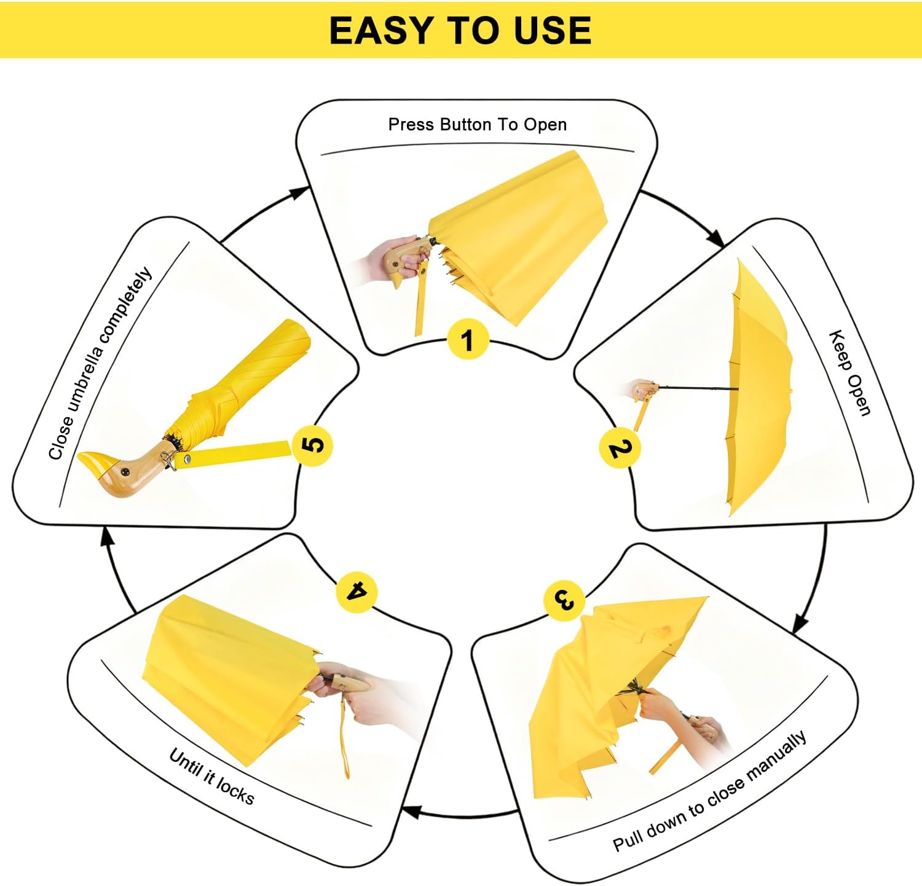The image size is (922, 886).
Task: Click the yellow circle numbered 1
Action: (468, 340)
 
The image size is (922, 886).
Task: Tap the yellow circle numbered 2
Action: (620, 448)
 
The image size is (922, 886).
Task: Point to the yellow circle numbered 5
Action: (312, 445)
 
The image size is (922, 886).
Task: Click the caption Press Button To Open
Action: (478, 125)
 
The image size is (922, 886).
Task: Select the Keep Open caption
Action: (850, 373)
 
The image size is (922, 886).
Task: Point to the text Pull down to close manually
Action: (709, 791)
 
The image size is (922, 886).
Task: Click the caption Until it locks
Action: (211, 776)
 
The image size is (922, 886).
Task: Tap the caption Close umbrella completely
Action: (100, 363)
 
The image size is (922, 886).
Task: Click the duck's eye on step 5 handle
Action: (125, 471)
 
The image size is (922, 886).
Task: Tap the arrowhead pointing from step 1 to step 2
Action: (715, 237)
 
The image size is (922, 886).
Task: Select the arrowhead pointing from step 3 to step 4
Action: (411, 811)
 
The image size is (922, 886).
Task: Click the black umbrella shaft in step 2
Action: (698, 388)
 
